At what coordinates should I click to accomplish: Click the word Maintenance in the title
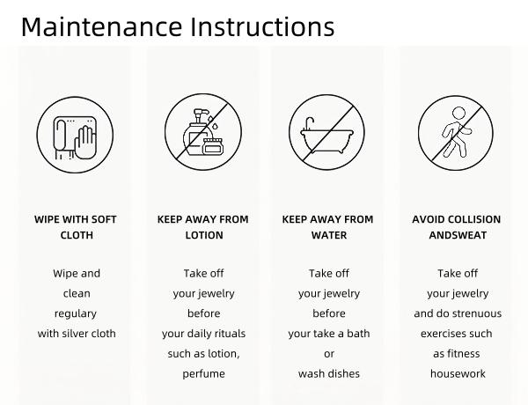[101, 26]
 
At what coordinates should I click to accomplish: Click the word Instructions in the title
[262, 26]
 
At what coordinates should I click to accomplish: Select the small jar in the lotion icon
[213, 146]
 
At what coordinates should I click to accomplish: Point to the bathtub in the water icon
[326, 137]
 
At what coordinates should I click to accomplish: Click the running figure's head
[458, 114]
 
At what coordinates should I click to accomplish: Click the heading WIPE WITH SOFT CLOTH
[76, 227]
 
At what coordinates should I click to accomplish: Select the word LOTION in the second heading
[204, 235]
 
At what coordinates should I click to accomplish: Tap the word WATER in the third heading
[329, 235]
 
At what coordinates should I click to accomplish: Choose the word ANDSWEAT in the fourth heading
[458, 235]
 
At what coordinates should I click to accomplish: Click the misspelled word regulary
[76, 314]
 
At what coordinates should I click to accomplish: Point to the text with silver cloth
[77, 334]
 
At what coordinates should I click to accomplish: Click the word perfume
[204, 374]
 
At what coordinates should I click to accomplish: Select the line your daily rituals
[204, 334]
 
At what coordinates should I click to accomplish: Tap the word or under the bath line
[329, 354]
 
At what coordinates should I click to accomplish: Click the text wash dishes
[329, 373]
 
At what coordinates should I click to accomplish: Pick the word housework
[458, 373]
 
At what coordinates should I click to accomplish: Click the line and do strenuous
[458, 313]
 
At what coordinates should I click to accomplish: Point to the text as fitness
[456, 354]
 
